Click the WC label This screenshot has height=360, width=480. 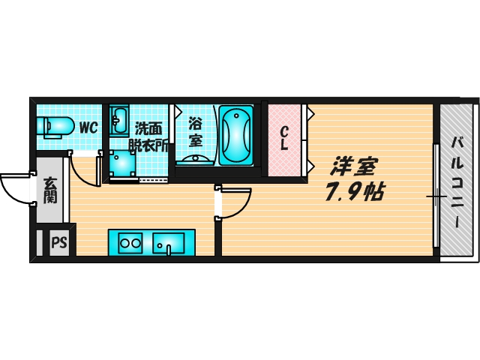tap(88, 127)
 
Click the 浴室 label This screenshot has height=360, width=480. tap(195, 131)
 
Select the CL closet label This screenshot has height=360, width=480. tap(284, 139)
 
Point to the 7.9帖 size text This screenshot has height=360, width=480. tap(354, 192)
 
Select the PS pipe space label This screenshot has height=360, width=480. tap(58, 243)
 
